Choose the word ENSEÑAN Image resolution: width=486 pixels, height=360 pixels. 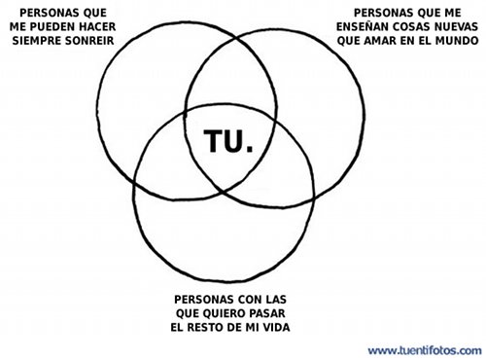tap(362, 28)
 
